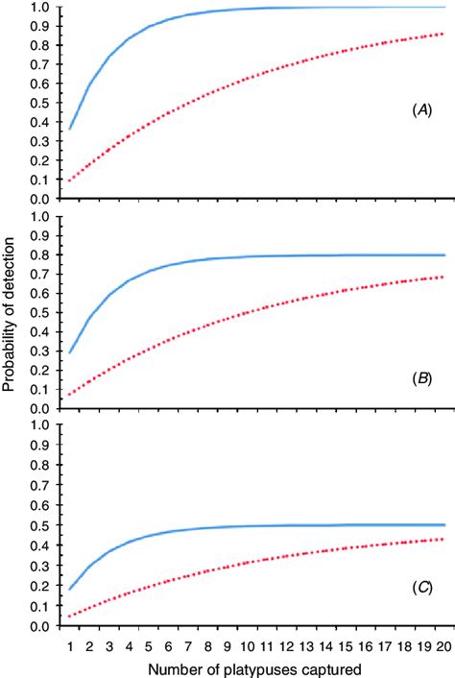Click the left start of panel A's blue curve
pyautogui.click(x=70, y=129)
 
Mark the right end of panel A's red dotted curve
pyautogui.click(x=443, y=34)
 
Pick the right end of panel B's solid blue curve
pyautogui.click(x=443, y=255)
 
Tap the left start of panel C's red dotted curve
pyautogui.click(x=70, y=616)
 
